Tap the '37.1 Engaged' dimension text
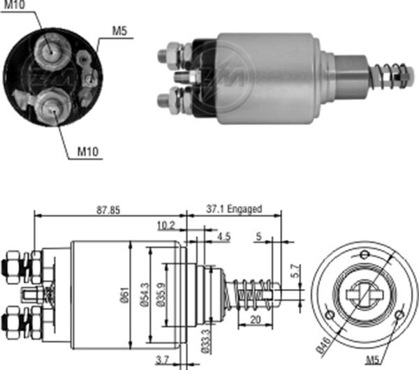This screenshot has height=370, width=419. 234,208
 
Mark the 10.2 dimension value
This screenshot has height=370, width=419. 166,225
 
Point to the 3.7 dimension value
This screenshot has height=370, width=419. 162,359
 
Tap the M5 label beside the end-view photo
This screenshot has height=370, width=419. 121,31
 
